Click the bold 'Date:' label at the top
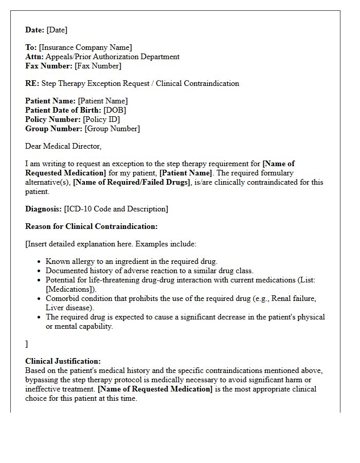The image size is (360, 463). point(35,30)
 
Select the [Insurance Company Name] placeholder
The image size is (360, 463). point(85,48)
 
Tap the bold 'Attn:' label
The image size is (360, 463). point(34,57)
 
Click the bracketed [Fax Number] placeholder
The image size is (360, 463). point(98,66)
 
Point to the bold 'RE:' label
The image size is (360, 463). point(32,83)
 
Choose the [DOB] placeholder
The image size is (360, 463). point(115,110)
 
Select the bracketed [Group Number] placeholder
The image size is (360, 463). point(112,129)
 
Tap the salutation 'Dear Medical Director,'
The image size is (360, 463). point(63,146)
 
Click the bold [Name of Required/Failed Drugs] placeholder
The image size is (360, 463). point(131,182)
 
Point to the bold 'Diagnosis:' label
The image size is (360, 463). point(44,209)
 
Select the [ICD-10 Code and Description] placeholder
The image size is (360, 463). point(116,209)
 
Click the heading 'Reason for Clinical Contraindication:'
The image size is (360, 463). point(92,226)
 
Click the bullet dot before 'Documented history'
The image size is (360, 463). point(39,271)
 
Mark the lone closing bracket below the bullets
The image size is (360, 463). point(27,344)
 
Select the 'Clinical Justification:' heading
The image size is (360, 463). point(63,361)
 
